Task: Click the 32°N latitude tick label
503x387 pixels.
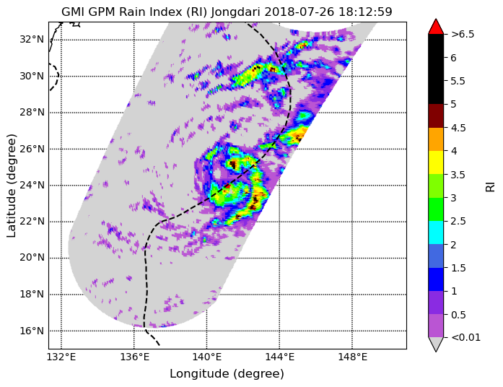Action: [x=32, y=40]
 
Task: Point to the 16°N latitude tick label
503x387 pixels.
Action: [x=32, y=331]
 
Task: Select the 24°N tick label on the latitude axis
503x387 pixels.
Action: [x=32, y=185]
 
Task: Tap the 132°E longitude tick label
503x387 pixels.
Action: [x=61, y=357]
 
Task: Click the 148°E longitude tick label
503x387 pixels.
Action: [x=352, y=357]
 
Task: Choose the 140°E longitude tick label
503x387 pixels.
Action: [x=206, y=357]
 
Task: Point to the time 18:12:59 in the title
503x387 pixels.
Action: [x=362, y=12]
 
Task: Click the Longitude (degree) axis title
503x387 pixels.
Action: [x=227, y=374]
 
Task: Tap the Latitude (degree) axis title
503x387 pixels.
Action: [x=11, y=186]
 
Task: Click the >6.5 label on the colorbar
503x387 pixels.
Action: [x=463, y=34]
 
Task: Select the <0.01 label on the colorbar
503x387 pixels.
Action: [x=465, y=337]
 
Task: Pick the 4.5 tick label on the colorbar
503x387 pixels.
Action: [x=458, y=128]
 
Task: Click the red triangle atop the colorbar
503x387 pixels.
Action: [x=436, y=27]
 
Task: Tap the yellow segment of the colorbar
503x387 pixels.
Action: [x=436, y=162]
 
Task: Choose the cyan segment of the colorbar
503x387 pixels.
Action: [x=436, y=232]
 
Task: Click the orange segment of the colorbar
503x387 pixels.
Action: [x=436, y=139]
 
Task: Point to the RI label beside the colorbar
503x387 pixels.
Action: [x=490, y=186]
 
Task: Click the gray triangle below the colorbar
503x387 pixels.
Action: [x=436, y=344]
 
